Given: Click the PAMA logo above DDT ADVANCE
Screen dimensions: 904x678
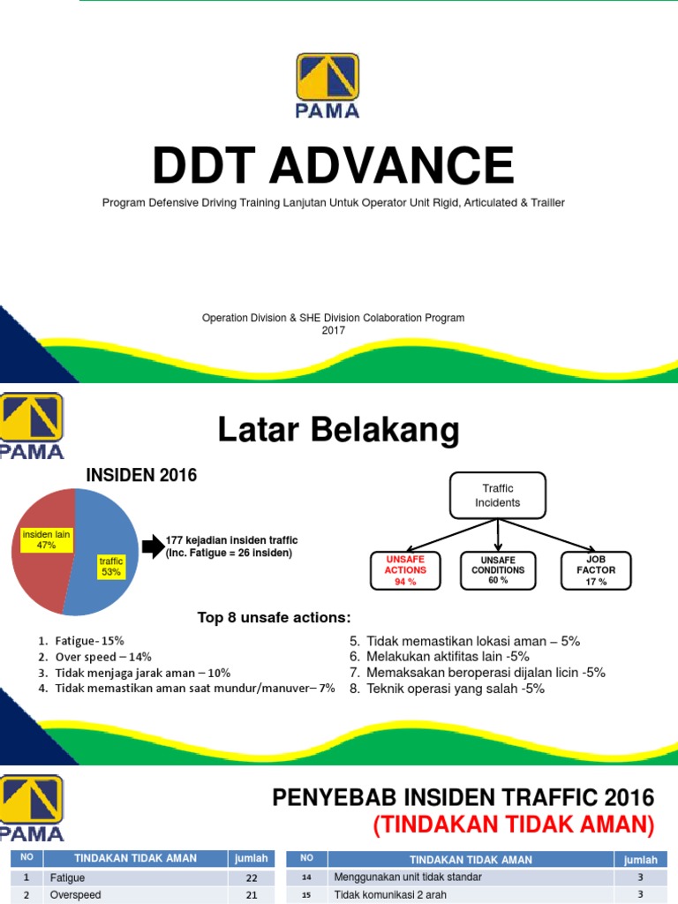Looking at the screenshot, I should point(328,85).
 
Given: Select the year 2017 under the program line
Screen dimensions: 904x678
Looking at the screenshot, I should point(334,330).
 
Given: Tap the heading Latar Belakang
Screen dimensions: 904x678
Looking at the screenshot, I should point(338,431).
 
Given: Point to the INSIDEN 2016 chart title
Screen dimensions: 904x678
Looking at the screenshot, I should point(141,476).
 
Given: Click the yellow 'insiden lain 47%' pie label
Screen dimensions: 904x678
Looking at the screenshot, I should point(47,539).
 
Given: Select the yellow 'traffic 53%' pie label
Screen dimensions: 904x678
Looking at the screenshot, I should point(111,566).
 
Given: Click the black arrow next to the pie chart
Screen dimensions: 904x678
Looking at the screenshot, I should point(152,546).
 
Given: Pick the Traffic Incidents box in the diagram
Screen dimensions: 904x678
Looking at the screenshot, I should point(498,495).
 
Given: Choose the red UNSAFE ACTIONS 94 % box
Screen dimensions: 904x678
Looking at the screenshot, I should point(405,570).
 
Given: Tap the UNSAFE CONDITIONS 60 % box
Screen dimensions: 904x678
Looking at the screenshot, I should point(498,570).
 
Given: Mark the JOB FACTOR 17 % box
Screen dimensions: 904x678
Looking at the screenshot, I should point(596,570).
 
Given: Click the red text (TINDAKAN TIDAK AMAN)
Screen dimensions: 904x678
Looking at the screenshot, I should point(514,825).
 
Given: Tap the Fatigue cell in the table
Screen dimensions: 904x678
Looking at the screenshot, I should point(69,878).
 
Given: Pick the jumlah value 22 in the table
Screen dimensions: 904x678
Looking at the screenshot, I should point(251,878).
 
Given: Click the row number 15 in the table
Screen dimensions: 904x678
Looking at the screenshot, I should point(306,895).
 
